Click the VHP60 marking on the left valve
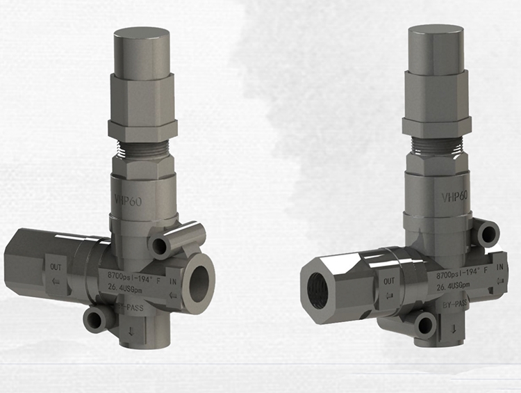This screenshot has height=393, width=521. tap(129, 198)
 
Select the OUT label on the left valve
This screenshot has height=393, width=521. tap(56, 266)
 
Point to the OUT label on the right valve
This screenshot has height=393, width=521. tap(389, 281)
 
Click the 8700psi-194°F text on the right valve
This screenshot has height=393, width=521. tap(459, 275)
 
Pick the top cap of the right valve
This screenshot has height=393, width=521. tap(435, 49)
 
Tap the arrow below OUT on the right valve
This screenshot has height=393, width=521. tap(389, 294)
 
